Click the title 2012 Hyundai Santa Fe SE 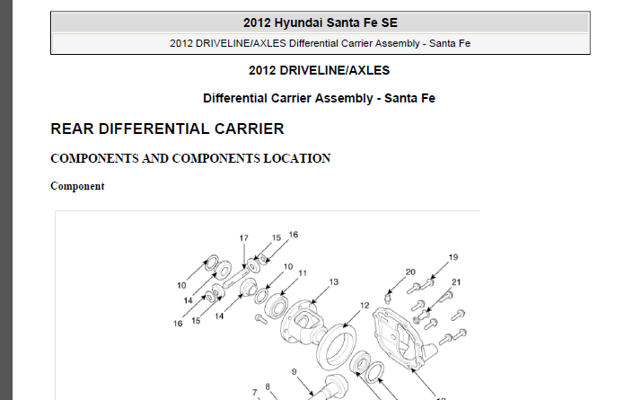pos(321,22)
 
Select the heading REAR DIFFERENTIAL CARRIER pos(167,129)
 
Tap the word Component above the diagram pos(77,186)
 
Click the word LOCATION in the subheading pos(297,158)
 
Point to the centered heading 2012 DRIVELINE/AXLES pos(319,70)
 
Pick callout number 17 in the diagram pos(244,238)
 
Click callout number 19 pos(453,257)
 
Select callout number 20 pos(410,272)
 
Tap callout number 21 pos(456,282)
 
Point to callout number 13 pos(334,282)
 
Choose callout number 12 pos(365,306)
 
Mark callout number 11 pos(303,273)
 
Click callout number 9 pos(294,372)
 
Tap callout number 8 pos(268,387)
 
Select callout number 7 pos(255,393)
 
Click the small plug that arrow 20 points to pos(387,298)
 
